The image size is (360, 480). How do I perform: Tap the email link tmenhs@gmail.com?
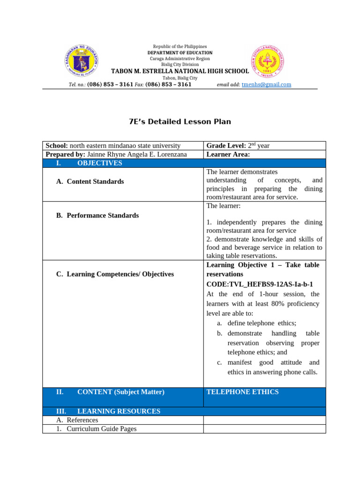point(266,84)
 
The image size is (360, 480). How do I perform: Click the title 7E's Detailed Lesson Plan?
point(180,121)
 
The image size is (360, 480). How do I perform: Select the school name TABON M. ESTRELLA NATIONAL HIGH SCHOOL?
point(180,71)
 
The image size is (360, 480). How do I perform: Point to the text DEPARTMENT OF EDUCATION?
point(180,53)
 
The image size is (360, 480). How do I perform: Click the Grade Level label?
point(226,146)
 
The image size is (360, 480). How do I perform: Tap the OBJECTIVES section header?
point(99,163)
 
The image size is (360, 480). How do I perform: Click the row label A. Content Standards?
point(90,181)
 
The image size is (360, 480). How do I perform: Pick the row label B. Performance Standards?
point(97,216)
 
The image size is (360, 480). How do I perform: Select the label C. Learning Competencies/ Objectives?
point(115,274)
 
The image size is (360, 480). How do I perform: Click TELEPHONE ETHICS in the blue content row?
point(242,392)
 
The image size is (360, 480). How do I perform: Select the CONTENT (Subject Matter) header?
point(120,392)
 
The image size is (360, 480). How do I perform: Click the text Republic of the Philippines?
point(180,47)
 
